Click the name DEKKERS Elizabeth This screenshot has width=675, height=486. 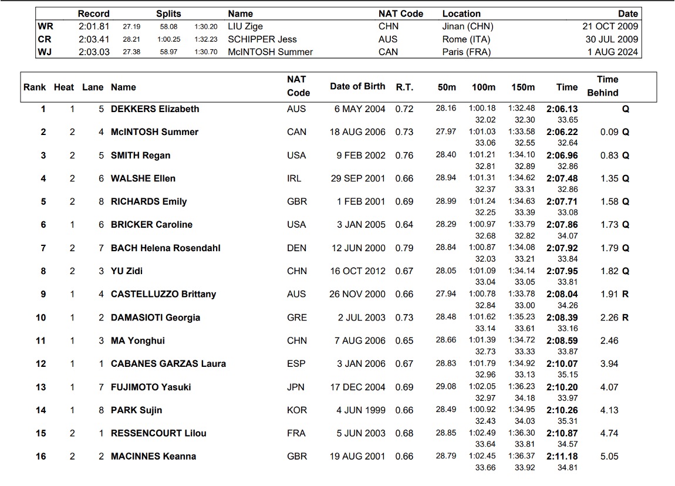pos(155,109)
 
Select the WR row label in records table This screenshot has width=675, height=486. pos(45,26)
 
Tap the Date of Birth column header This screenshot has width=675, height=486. pos(357,86)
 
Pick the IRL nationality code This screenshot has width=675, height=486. pos(296,178)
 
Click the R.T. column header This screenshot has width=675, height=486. pos(404,87)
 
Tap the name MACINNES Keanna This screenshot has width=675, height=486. pos(153,457)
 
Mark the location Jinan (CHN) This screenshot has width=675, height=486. pos(468,26)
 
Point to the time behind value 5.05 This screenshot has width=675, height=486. pos(609,457)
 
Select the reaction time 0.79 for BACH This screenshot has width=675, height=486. pos(404,248)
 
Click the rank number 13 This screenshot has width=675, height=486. pos(41,387)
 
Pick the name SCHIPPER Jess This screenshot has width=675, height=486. pos(262,39)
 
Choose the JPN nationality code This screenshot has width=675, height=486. pos(296,387)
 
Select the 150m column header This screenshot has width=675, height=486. pos(523,87)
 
